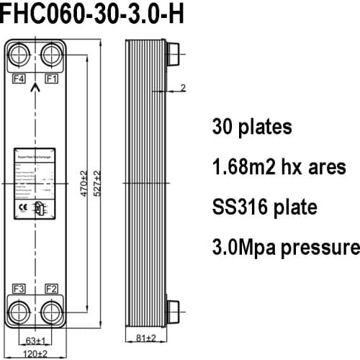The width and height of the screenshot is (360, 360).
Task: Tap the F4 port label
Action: (19, 78)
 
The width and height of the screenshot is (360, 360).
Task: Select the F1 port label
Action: (52, 78)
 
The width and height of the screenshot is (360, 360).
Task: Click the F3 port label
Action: (19, 289)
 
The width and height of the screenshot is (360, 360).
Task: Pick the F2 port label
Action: (52, 289)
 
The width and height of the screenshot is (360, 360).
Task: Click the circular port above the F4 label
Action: (20, 53)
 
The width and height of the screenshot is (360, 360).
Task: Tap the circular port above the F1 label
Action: (52, 53)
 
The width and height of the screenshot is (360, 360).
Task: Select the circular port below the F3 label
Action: (20, 312)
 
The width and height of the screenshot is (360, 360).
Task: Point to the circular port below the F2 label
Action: (52, 312)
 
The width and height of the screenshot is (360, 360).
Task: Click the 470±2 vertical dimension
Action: (84, 183)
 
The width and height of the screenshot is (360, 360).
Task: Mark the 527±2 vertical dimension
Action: (97, 183)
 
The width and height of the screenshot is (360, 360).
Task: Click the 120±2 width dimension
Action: (36, 353)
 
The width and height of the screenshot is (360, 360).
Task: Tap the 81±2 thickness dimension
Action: (146, 338)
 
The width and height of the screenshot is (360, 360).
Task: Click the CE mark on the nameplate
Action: (22, 206)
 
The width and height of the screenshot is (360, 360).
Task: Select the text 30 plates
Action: (251, 127)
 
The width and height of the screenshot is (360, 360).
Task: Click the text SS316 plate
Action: (264, 207)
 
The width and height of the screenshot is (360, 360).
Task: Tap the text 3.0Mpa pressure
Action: (285, 248)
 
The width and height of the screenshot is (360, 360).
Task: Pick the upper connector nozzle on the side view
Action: (174, 53)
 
